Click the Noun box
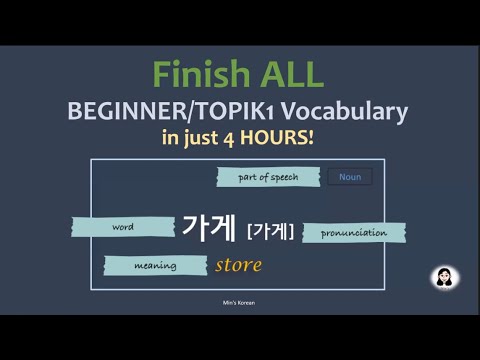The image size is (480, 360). pos(350,177)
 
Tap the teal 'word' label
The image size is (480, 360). pos(122,227)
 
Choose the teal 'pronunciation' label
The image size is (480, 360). pos(354,233)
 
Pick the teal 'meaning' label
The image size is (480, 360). pos(156,266)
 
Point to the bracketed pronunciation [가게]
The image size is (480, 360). pos(270,231)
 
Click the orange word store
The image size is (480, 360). pos(238,265)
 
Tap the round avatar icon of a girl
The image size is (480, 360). pos(444,276)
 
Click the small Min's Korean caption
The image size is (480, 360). pos(238,301)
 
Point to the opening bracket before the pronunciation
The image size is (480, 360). pos(249,231)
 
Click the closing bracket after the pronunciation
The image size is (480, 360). pos(291,231)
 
